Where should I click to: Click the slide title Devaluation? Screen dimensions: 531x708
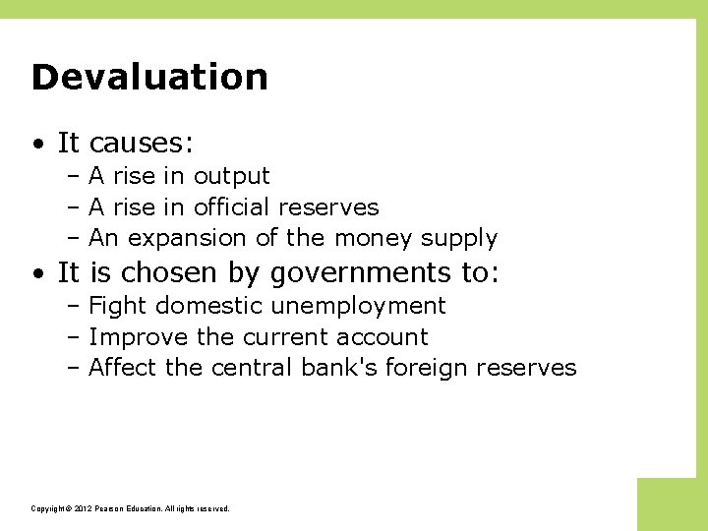coord(149,77)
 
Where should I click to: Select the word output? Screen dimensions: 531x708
coord(231,177)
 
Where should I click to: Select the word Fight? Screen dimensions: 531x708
coord(117,306)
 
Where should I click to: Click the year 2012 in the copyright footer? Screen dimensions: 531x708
coord(80,509)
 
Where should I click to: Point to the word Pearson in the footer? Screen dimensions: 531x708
coord(110,509)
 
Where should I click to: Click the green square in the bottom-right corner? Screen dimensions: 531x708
coord(672,503)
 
